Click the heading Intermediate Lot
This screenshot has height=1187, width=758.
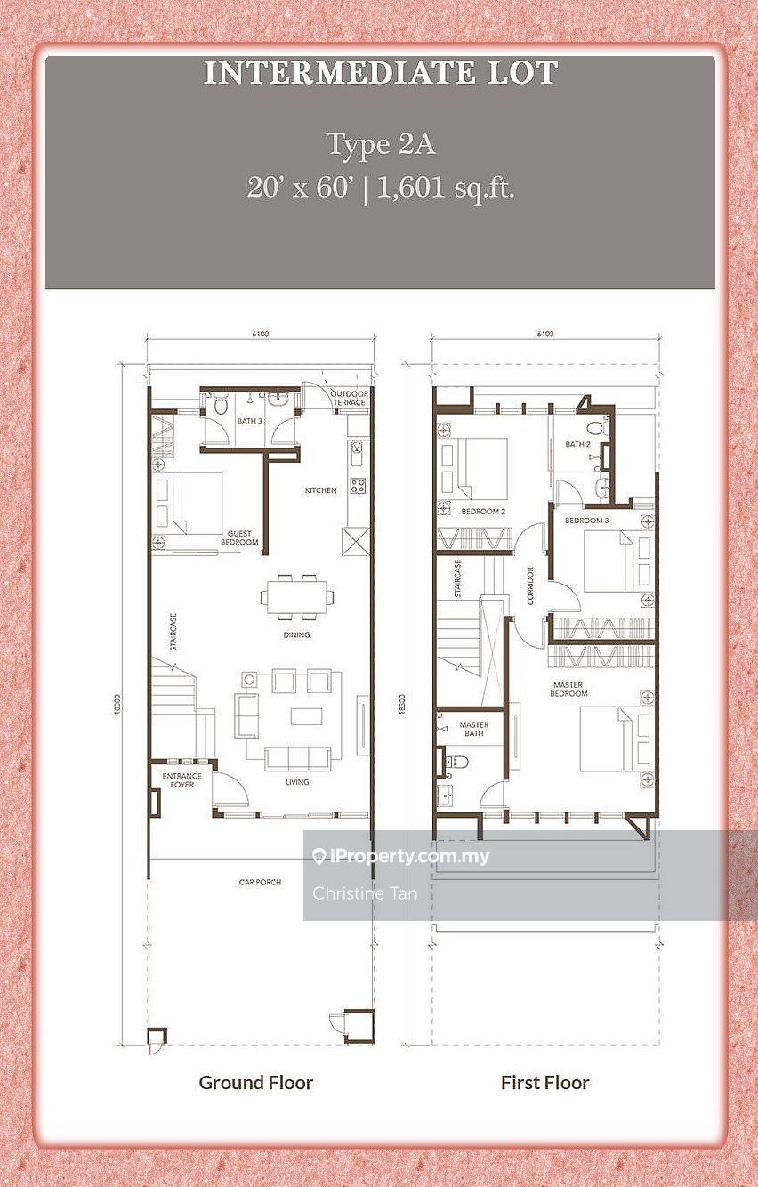(380, 73)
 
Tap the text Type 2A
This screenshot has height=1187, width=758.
(380, 143)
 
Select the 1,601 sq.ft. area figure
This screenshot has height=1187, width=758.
(446, 188)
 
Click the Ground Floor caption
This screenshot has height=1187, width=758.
(256, 1082)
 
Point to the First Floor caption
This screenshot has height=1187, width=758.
(544, 1082)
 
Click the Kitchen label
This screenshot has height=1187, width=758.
(320, 490)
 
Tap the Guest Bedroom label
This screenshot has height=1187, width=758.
(239, 537)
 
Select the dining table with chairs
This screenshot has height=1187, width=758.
(294, 595)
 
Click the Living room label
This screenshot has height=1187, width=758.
(297, 782)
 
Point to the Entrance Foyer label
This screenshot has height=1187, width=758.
(181, 780)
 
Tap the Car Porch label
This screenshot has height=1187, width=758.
(260, 882)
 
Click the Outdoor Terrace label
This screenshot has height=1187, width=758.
(348, 398)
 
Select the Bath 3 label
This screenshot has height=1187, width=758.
(249, 421)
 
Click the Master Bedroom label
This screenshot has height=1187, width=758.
(569, 689)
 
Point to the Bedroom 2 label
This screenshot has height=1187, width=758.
(483, 512)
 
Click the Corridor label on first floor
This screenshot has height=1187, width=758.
(529, 585)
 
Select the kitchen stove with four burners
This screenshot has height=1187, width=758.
(358, 486)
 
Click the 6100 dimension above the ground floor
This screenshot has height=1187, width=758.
(260, 335)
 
